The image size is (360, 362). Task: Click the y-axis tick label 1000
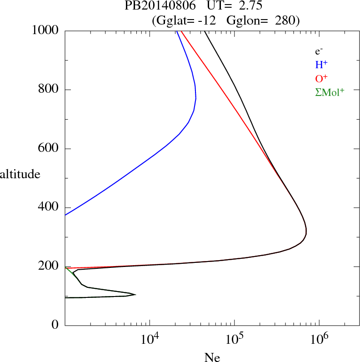(45, 30)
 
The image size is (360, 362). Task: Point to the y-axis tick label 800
(49, 90)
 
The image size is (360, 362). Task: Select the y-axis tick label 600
(49, 149)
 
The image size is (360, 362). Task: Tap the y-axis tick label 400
(49, 207)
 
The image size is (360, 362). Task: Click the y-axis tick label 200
(49, 266)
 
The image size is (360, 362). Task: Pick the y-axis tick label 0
(55, 325)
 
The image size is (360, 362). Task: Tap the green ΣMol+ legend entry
(330, 92)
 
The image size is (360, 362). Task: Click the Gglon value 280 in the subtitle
(286, 20)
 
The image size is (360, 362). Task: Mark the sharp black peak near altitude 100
(135, 295)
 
